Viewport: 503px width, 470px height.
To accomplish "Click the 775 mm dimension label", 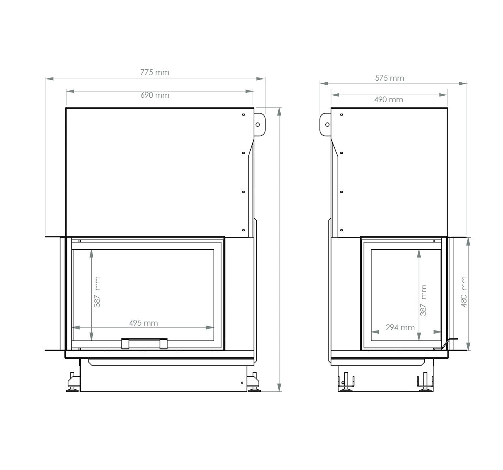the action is click(x=155, y=73).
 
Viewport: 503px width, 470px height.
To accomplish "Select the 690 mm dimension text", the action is click(x=155, y=95).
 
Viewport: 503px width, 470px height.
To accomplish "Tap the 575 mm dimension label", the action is click(x=389, y=78).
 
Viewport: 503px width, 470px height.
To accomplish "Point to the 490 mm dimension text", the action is click(x=389, y=99).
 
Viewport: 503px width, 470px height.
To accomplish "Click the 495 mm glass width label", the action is click(x=143, y=323).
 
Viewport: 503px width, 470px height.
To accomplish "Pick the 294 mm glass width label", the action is click(x=400, y=327).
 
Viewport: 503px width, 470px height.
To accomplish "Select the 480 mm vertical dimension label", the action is click(x=464, y=292).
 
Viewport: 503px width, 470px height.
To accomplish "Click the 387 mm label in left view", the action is click(x=97, y=292).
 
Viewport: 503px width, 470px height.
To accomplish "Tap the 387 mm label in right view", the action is click(x=423, y=300).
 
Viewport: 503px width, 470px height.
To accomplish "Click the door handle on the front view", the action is click(x=144, y=343).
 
